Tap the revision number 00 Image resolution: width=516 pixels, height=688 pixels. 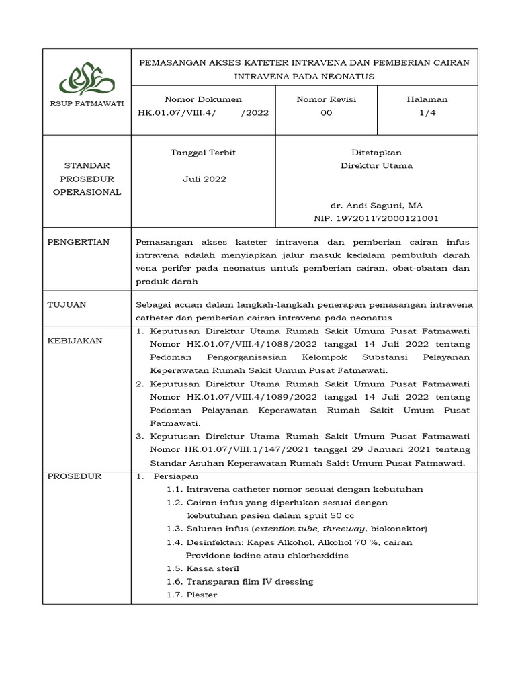point(326,113)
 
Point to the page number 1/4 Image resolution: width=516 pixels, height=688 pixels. point(427,113)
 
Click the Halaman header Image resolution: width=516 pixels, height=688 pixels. point(427,99)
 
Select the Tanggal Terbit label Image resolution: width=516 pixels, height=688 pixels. point(204,153)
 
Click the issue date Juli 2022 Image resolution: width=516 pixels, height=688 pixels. point(204,179)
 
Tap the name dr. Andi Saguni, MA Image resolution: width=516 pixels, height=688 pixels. point(376,206)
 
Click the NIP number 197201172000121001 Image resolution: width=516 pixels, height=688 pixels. point(376,218)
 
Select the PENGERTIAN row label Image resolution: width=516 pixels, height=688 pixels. point(78,242)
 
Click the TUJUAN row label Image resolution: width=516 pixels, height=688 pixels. point(67,304)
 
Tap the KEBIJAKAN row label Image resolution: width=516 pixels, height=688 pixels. point(75,341)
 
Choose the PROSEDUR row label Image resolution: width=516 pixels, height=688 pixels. point(74,476)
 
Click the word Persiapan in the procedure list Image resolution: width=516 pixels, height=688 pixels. point(171,476)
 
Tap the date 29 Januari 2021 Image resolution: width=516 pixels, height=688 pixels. point(376,449)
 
